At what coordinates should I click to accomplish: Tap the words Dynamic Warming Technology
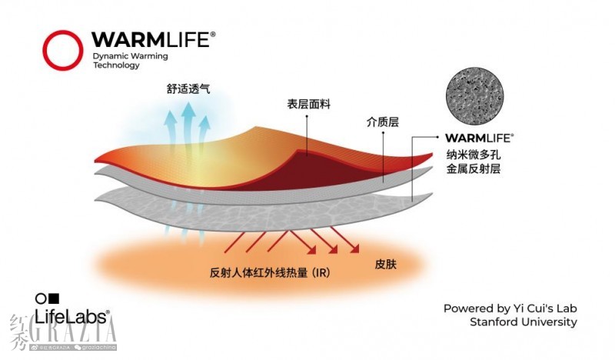click(x=130, y=61)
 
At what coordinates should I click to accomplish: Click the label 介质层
click(x=383, y=122)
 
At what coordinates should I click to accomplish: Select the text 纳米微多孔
click(x=473, y=153)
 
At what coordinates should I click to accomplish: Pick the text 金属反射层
click(x=473, y=168)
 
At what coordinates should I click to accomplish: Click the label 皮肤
click(x=385, y=264)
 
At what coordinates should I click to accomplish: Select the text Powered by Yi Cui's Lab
click(x=510, y=308)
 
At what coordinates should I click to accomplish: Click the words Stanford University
click(x=523, y=322)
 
